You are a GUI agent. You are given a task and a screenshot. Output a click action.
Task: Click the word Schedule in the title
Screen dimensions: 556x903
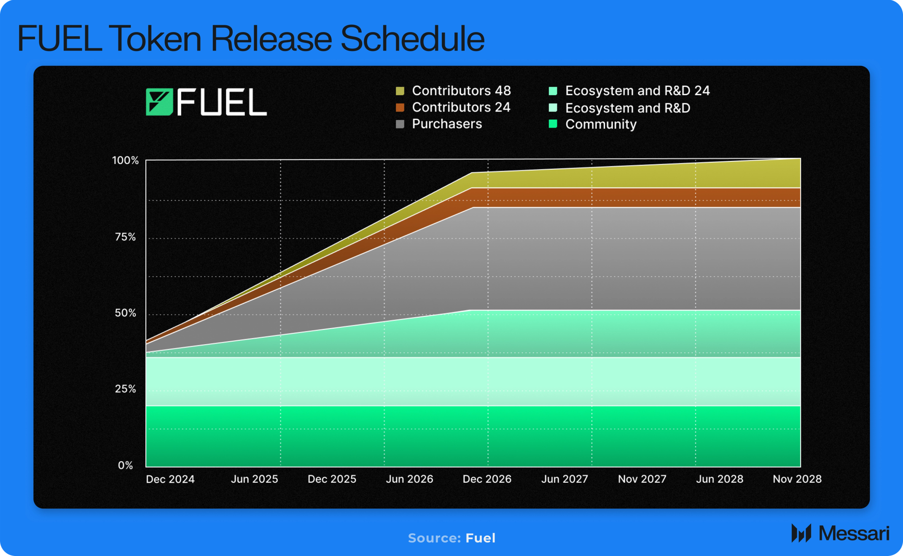tap(412, 39)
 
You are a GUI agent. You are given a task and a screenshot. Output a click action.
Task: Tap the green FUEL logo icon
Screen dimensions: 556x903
tap(159, 102)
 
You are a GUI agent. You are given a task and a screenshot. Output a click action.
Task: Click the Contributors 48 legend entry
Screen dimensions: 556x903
tap(453, 91)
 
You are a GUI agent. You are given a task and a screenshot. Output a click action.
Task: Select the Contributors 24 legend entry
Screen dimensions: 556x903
tap(453, 107)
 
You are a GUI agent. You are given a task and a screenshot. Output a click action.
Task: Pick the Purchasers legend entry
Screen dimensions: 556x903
tap(439, 124)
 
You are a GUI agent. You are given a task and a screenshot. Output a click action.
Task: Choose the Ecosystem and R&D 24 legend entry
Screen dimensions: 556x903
tap(629, 91)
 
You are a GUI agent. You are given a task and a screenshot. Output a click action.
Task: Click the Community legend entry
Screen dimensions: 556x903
tap(593, 124)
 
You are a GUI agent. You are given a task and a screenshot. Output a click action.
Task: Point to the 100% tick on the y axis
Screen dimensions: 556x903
tap(125, 160)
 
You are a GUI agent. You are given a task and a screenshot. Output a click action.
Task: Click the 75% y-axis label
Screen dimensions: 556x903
tap(126, 237)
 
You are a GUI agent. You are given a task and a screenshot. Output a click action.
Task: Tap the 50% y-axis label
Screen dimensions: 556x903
tap(126, 313)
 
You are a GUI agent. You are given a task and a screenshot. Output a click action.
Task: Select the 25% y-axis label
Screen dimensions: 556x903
tap(126, 389)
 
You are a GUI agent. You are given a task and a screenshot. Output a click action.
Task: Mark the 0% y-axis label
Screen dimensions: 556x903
tap(126, 465)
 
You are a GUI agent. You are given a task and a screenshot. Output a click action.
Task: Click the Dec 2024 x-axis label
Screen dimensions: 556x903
tap(170, 479)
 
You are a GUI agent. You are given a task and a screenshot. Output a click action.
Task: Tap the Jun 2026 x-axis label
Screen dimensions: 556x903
tap(409, 479)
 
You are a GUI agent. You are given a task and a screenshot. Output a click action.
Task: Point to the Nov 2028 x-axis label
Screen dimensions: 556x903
tap(797, 479)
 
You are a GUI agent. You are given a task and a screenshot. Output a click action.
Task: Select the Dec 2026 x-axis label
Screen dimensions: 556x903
tap(487, 479)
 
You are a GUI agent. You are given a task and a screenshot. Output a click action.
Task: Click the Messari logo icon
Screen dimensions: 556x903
tap(801, 533)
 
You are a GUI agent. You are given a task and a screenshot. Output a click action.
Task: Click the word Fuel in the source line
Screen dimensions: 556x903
tap(480, 538)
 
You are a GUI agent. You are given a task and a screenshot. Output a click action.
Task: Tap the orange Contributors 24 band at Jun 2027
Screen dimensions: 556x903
tap(591, 198)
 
